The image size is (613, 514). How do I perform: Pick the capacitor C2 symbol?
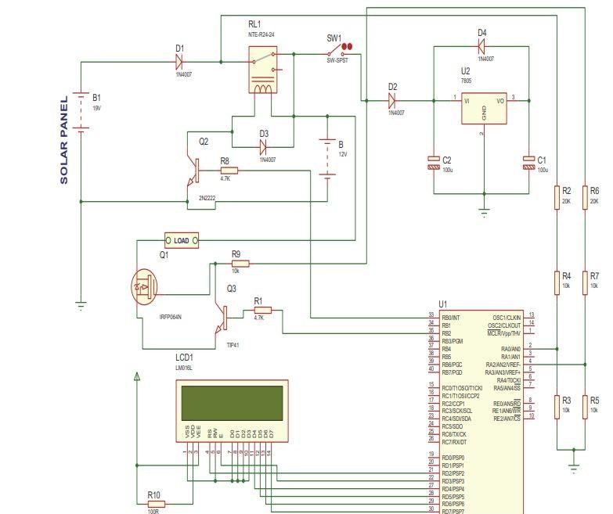click(435, 163)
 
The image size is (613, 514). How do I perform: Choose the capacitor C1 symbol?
click(529, 163)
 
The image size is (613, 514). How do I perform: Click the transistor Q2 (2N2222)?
click(191, 167)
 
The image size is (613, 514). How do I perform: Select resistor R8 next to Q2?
click(229, 170)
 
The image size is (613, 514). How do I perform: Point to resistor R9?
click(238, 264)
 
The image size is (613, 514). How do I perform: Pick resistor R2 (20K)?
click(556, 196)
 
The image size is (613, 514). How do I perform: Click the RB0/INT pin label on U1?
click(452, 318)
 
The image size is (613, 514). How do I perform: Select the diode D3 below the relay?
click(264, 146)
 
